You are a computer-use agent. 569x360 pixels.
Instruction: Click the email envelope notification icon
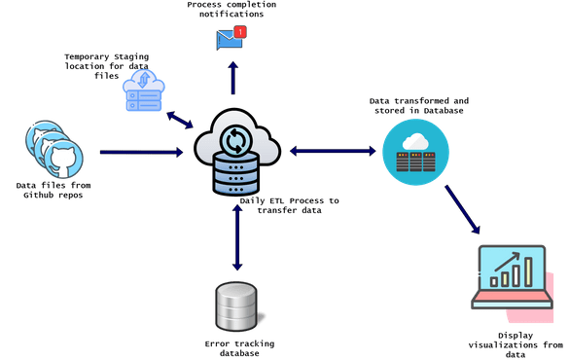[x=230, y=40]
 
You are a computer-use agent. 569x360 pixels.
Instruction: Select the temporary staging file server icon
[x=144, y=91]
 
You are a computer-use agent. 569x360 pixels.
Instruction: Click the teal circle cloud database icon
[x=415, y=153]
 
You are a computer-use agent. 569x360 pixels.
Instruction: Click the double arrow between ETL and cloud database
[x=332, y=152]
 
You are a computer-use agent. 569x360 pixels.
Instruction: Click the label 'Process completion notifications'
[x=231, y=11]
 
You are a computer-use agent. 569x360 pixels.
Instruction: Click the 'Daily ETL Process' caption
[x=292, y=204]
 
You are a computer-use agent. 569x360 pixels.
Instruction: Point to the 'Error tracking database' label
[x=232, y=348]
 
